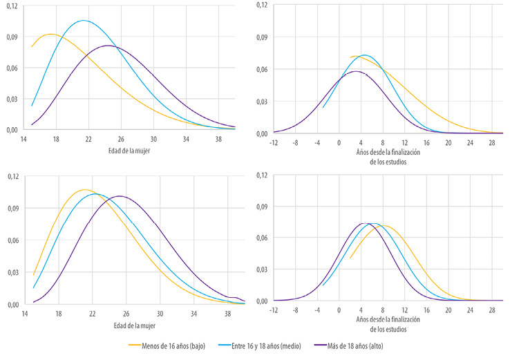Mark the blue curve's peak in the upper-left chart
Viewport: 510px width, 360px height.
(x=84, y=21)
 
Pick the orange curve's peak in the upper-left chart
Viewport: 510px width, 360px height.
(x=50, y=34)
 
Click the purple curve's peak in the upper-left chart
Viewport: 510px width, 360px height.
(x=109, y=46)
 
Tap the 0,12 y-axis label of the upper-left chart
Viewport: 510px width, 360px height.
(x=12, y=5)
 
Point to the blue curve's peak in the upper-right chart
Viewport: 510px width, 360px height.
(x=365, y=55)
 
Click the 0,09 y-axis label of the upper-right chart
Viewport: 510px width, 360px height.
(x=262, y=37)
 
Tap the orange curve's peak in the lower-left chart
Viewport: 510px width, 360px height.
(x=84, y=189)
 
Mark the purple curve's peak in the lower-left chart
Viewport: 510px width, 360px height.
(x=119, y=196)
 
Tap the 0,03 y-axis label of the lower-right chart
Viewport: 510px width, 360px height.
(x=262, y=269)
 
